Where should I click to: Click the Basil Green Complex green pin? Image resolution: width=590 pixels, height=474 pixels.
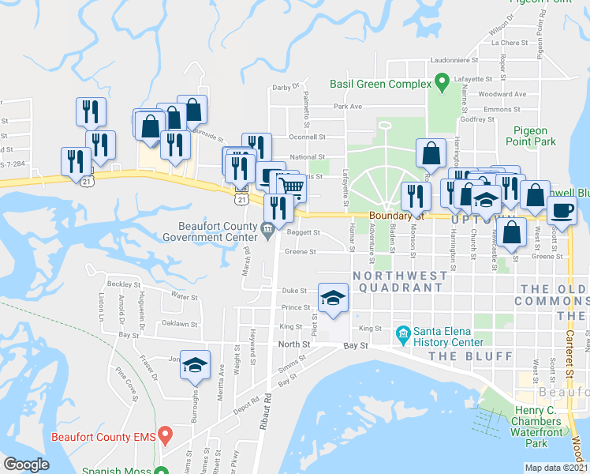[442, 81]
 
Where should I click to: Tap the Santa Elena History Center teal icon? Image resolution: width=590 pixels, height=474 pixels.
[403, 336]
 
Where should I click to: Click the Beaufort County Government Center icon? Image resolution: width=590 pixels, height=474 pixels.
[267, 230]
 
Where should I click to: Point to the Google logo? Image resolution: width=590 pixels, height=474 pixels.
[26, 465]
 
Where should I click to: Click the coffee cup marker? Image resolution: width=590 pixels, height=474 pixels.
[562, 211]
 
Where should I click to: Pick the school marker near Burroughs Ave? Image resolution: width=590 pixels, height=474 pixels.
[196, 365]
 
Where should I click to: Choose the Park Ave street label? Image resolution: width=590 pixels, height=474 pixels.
[347, 106]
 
